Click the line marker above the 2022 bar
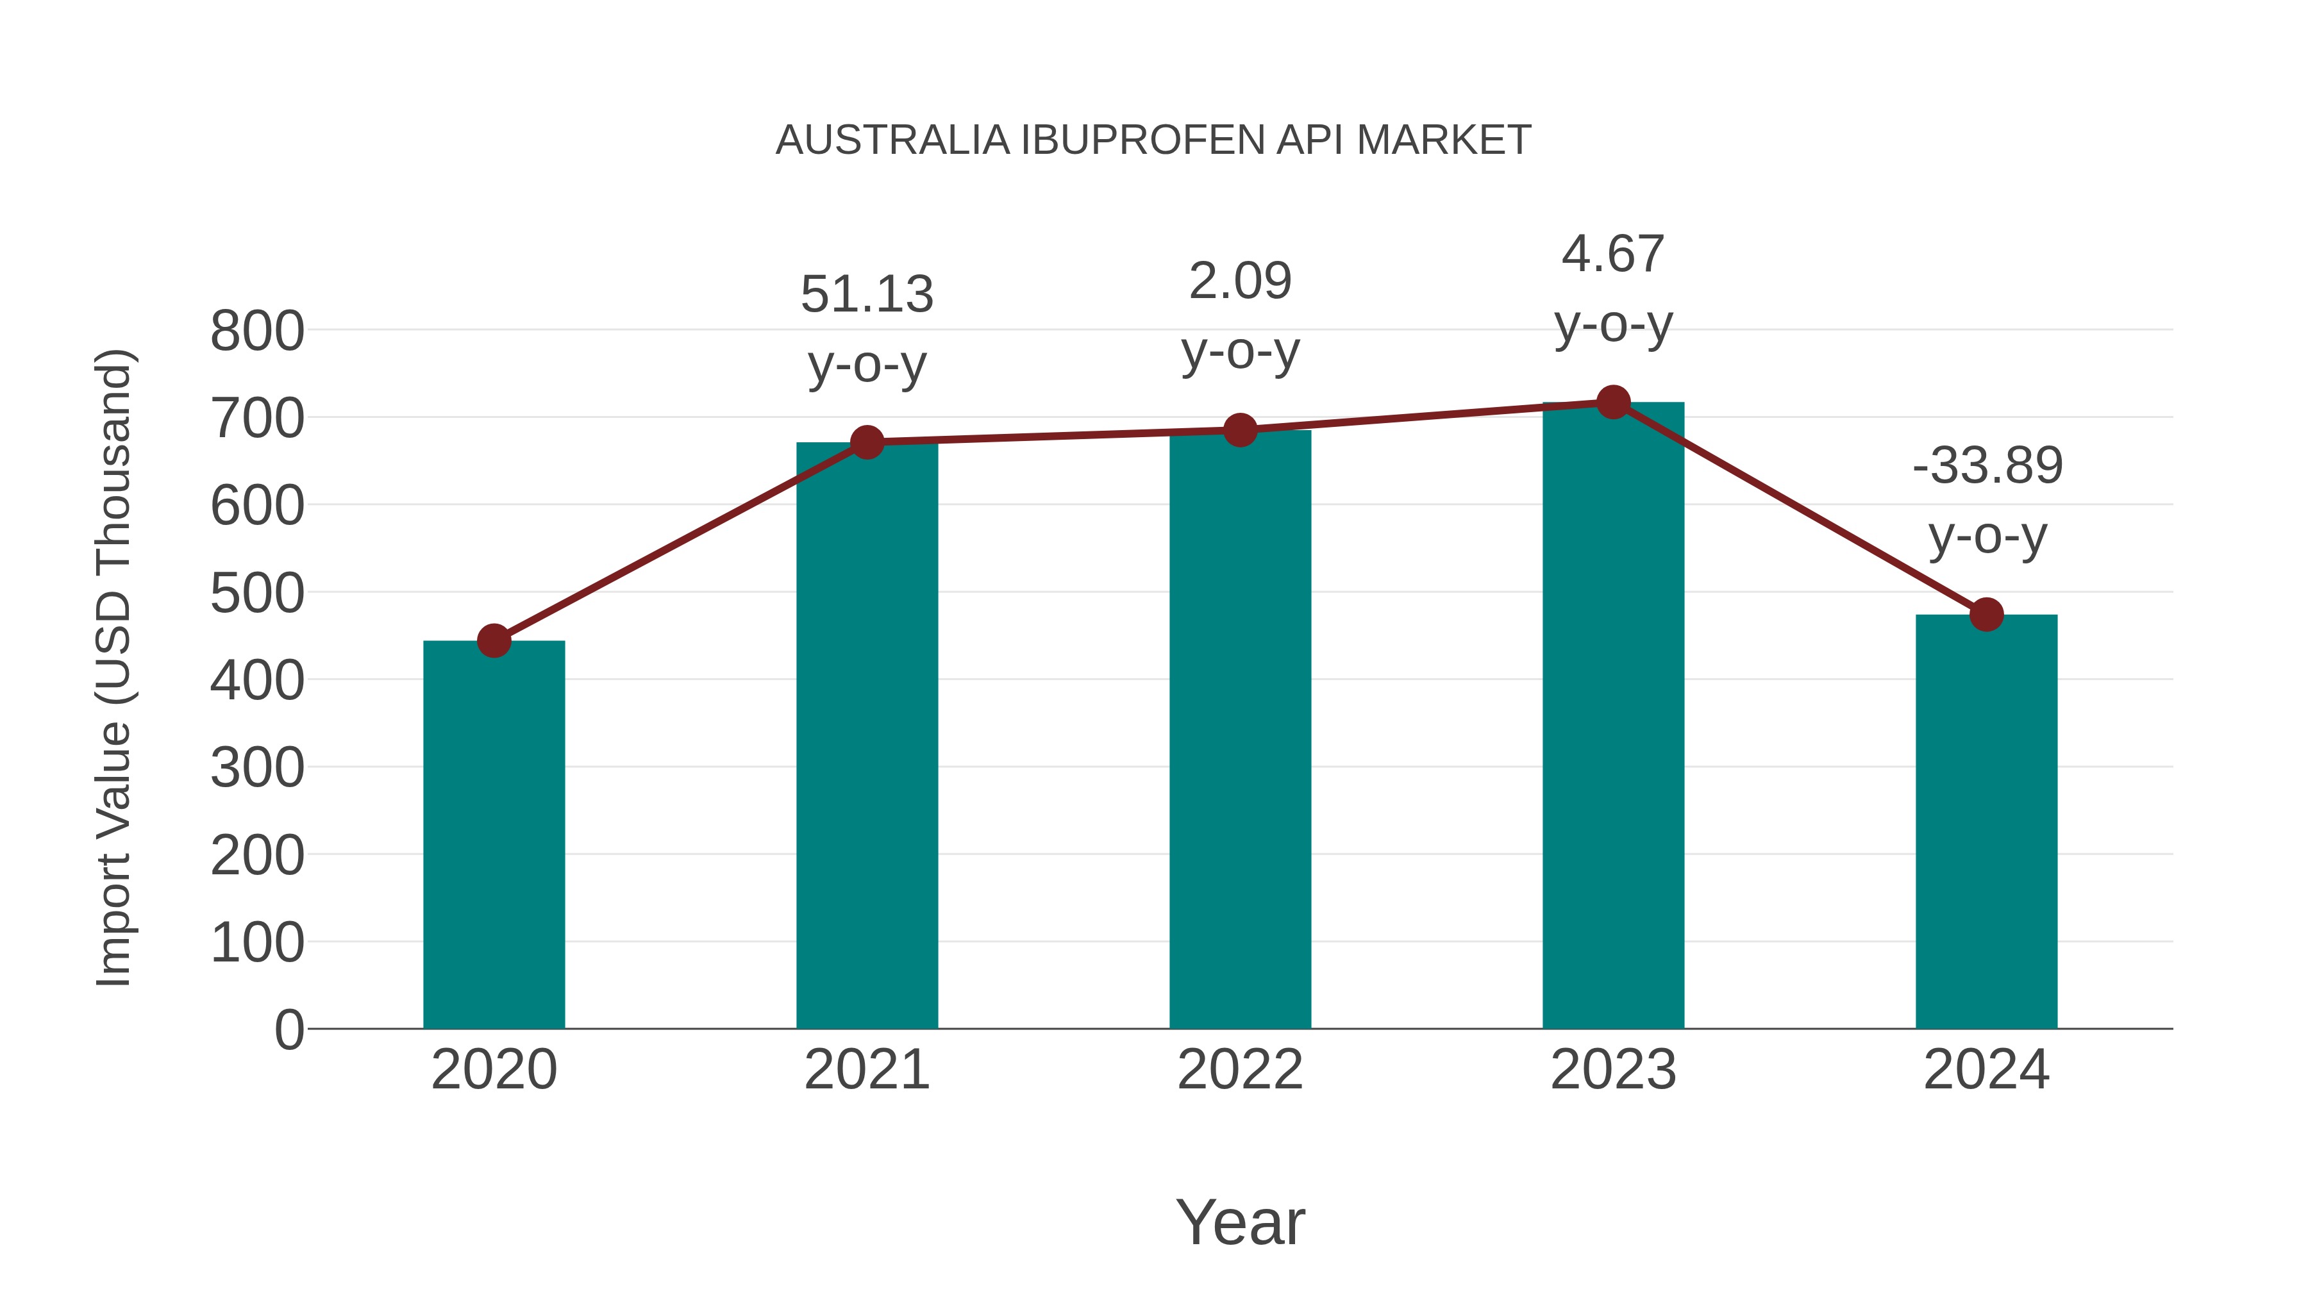1240,430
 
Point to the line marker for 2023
1613,402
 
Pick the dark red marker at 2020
494,640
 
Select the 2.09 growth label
1240,315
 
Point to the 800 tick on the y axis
257,331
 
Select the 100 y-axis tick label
257,944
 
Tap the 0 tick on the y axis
288,1030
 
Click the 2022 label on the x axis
1240,1070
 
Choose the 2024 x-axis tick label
1986,1070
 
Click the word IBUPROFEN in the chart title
1142,140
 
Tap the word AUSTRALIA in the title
892,140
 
